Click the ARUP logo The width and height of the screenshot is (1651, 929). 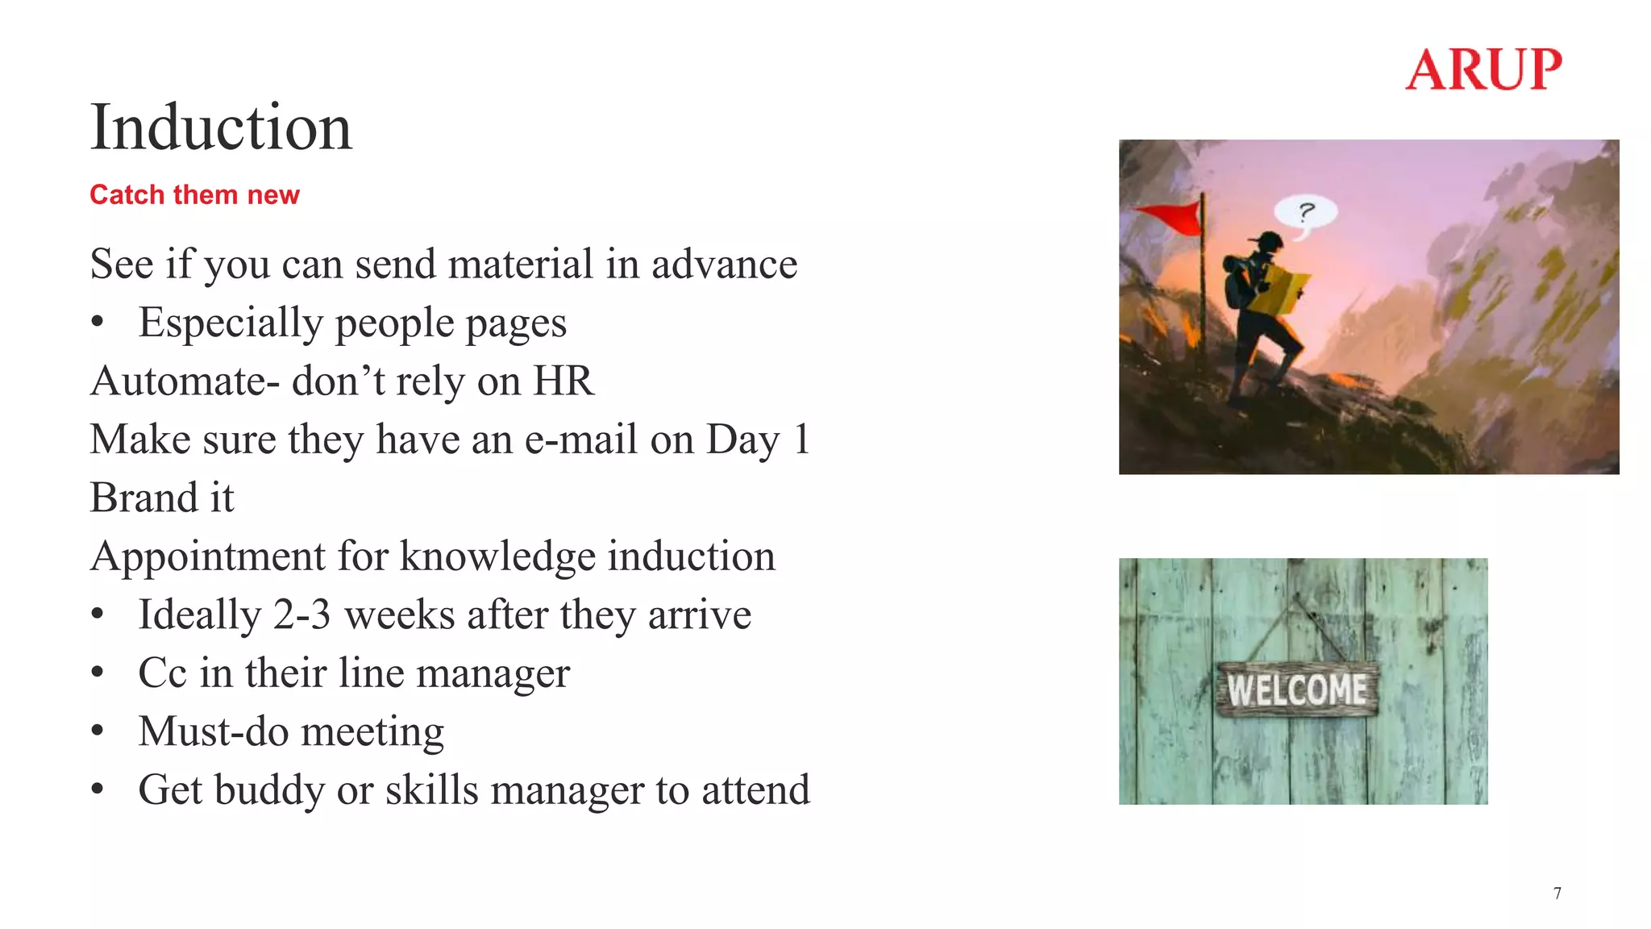coord(1483,69)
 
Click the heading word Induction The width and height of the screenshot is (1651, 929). coord(221,127)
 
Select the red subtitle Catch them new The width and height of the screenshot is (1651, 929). coord(194,194)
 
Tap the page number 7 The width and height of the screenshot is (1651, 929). coord(1557,893)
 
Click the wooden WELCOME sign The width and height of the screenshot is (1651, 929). coord(1296,689)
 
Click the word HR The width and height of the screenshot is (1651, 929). coord(563,381)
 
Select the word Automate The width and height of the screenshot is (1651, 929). coord(177,381)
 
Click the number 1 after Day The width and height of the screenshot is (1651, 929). coord(801,440)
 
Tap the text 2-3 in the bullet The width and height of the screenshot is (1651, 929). coord(302,614)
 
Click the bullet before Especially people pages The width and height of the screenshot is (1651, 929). coord(98,323)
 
